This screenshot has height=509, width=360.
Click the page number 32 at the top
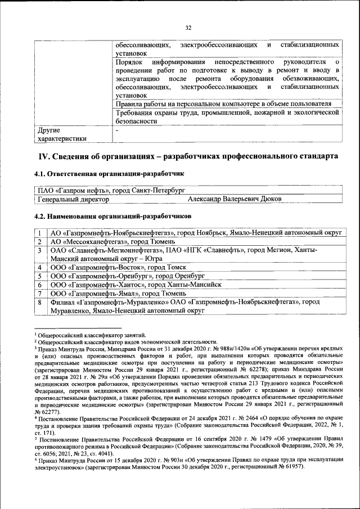point(188,26)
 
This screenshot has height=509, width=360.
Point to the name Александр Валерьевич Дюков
point(234,199)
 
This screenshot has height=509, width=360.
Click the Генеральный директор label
point(73,199)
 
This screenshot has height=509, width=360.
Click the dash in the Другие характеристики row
point(117,129)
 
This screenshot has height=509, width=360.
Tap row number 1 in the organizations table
point(40,233)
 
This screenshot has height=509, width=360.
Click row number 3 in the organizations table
point(40,250)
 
